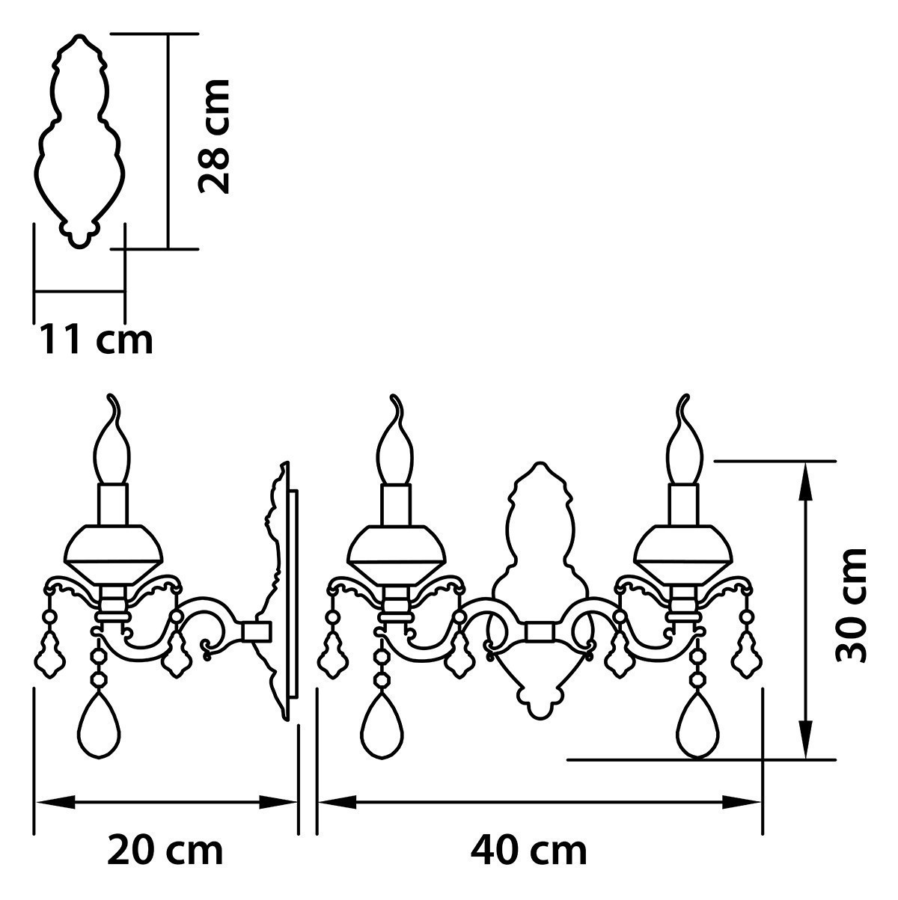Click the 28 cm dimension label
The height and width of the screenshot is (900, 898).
(x=214, y=136)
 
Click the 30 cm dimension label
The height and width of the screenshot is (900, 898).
(x=850, y=605)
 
